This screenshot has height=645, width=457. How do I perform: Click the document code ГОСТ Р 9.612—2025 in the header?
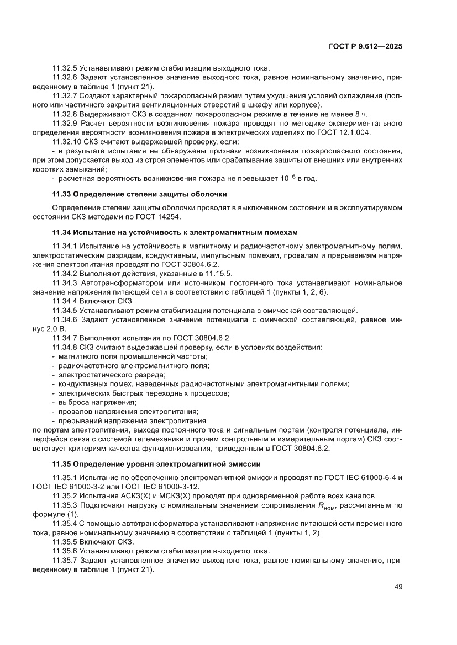point(365,47)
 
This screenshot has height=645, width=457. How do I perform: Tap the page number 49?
point(398,587)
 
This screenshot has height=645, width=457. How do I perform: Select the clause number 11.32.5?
point(65,68)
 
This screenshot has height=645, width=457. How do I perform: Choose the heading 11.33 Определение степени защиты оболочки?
point(139,194)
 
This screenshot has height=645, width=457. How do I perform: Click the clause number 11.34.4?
point(65,301)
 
